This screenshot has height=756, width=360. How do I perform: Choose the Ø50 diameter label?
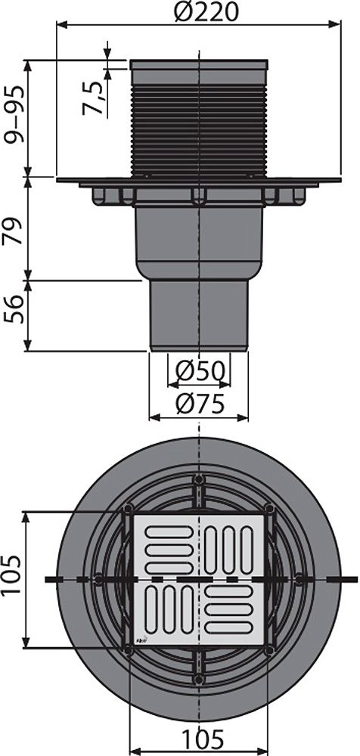(x=199, y=370)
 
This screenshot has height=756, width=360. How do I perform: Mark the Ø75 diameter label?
(x=199, y=404)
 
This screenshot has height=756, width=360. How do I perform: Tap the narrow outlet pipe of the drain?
(x=199, y=315)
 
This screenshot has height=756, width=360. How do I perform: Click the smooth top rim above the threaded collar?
(x=199, y=65)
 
